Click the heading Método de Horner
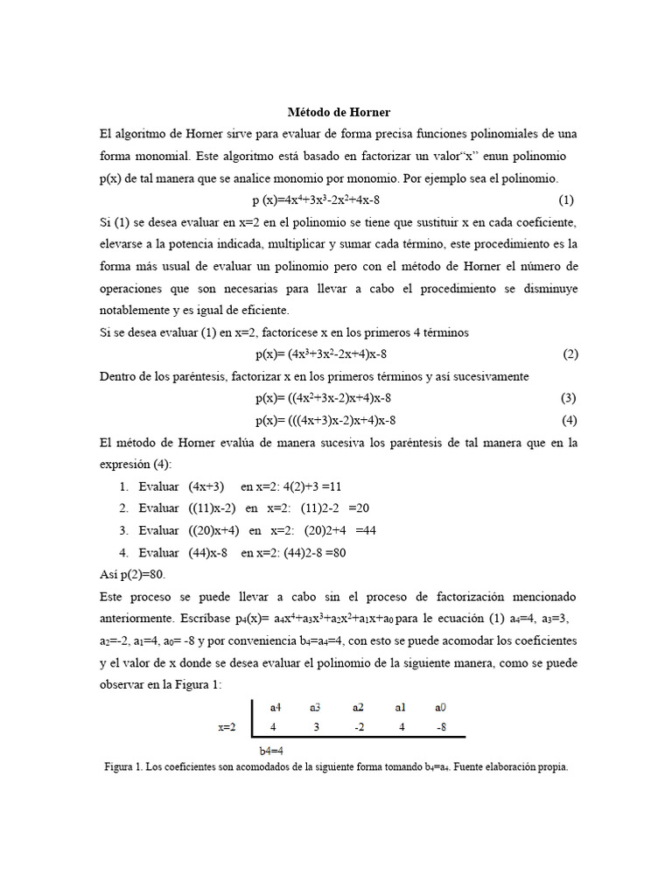click(339, 113)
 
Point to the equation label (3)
click(569, 398)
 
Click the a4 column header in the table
click(276, 706)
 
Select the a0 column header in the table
click(440, 706)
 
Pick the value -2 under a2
click(358, 726)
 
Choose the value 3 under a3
click(316, 726)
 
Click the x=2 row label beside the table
click(227, 727)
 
